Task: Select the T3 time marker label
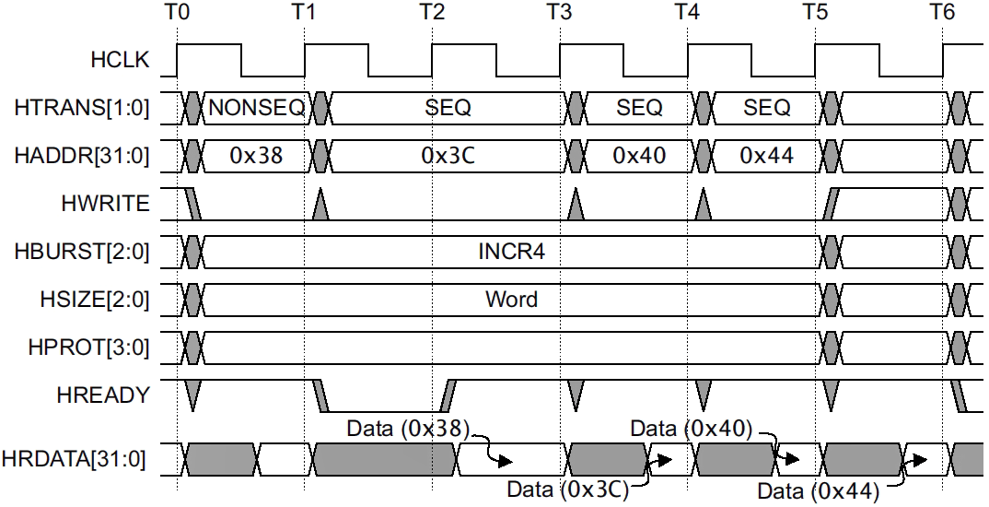558,13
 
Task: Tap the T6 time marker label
941,13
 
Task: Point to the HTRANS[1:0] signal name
82,108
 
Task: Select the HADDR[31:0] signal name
82,156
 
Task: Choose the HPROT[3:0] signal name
87,348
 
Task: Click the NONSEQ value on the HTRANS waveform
256,108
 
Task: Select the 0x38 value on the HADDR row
256,156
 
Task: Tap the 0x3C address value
448,156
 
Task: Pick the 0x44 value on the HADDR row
767,156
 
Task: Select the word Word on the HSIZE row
511,300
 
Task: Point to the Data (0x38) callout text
408,429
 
